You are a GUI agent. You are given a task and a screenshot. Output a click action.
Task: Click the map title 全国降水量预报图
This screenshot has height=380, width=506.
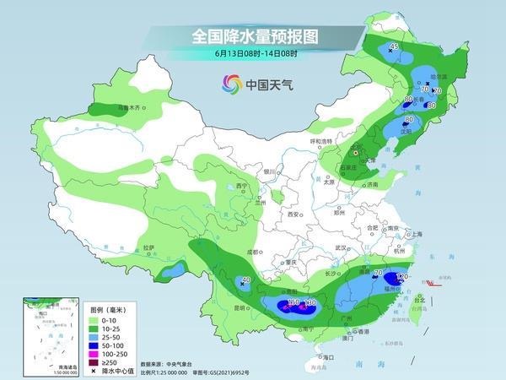(252, 37)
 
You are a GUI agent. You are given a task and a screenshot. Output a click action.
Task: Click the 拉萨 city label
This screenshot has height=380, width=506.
(149, 247)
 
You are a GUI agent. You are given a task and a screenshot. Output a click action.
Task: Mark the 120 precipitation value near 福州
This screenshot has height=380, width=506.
(402, 277)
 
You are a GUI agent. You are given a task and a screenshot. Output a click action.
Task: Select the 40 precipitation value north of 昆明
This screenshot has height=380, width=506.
(246, 280)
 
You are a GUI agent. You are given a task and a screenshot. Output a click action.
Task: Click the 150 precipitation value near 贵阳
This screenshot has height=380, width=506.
(293, 301)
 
